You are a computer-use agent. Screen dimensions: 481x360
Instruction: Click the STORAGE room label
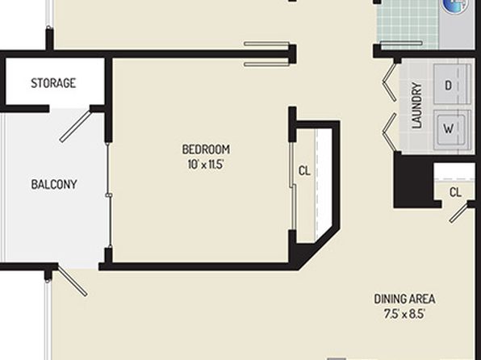coord(53,83)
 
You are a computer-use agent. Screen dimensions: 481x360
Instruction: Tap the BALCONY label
coord(54,185)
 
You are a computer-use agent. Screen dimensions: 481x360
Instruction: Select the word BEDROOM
coord(206,149)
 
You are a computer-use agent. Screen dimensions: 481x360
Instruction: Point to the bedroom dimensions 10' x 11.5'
coord(206,165)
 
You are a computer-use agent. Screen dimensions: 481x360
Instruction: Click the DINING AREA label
coord(404,299)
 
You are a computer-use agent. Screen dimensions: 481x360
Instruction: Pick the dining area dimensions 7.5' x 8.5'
coord(404,314)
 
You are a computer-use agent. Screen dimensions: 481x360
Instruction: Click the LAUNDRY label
coord(417,105)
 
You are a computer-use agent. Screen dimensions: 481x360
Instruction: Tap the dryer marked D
coord(452,85)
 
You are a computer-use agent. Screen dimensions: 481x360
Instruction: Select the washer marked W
coord(452,128)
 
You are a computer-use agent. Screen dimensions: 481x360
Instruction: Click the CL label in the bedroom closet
coord(304,170)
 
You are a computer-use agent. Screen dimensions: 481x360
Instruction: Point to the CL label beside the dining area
coord(455,192)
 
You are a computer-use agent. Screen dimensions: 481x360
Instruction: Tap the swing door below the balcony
coord(73,282)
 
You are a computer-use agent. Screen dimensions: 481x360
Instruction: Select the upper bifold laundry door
coord(390,82)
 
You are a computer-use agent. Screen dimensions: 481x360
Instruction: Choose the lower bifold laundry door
coord(390,132)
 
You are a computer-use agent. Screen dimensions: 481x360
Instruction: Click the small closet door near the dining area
coord(459,212)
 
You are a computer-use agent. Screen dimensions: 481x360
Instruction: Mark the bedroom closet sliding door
coord(293,186)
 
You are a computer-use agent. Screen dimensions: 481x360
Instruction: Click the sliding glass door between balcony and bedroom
coord(109,195)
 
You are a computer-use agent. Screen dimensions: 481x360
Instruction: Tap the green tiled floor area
coord(408,24)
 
